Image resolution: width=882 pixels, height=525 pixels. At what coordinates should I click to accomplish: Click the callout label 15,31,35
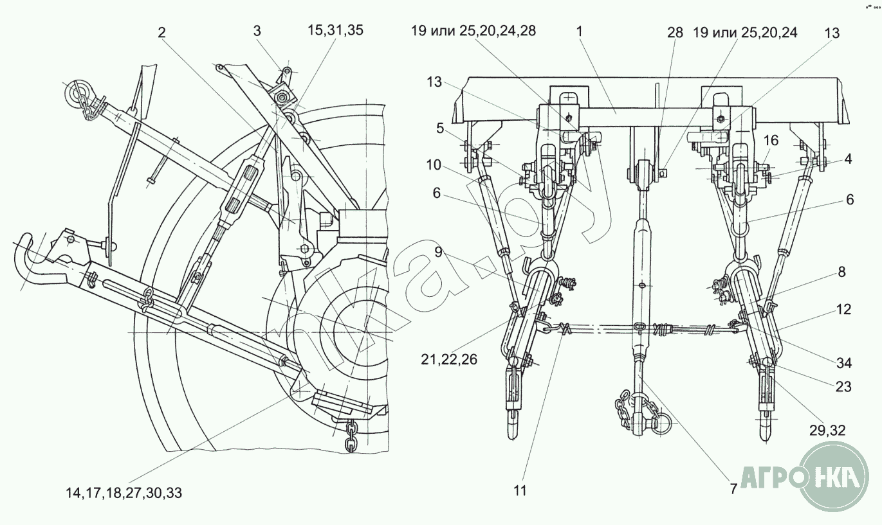click(335, 30)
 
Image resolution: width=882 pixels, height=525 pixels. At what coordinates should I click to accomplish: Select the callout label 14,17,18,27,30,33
click(124, 493)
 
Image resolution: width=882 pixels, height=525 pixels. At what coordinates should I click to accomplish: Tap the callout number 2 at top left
click(161, 33)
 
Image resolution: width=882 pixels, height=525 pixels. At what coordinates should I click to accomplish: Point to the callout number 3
click(257, 31)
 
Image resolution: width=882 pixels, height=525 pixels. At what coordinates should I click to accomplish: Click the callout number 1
click(579, 31)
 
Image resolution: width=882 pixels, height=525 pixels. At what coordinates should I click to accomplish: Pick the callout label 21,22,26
click(449, 359)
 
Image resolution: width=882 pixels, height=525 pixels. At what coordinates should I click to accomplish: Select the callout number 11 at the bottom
click(520, 490)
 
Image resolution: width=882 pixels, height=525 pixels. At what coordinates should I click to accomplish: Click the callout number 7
click(733, 489)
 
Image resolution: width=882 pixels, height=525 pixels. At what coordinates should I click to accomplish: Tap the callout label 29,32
click(827, 431)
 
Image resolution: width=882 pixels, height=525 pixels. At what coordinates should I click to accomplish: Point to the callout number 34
click(844, 363)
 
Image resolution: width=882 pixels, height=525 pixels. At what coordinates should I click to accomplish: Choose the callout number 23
click(843, 387)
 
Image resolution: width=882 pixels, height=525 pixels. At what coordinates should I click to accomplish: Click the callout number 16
click(771, 140)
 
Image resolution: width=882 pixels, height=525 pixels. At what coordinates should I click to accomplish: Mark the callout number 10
click(434, 165)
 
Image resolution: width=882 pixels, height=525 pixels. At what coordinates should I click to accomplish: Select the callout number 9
click(439, 252)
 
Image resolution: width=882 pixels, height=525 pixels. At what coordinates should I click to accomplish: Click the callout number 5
click(440, 129)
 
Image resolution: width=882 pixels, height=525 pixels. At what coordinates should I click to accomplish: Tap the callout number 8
click(841, 272)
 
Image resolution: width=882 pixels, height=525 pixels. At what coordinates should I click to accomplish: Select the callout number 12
click(843, 310)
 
